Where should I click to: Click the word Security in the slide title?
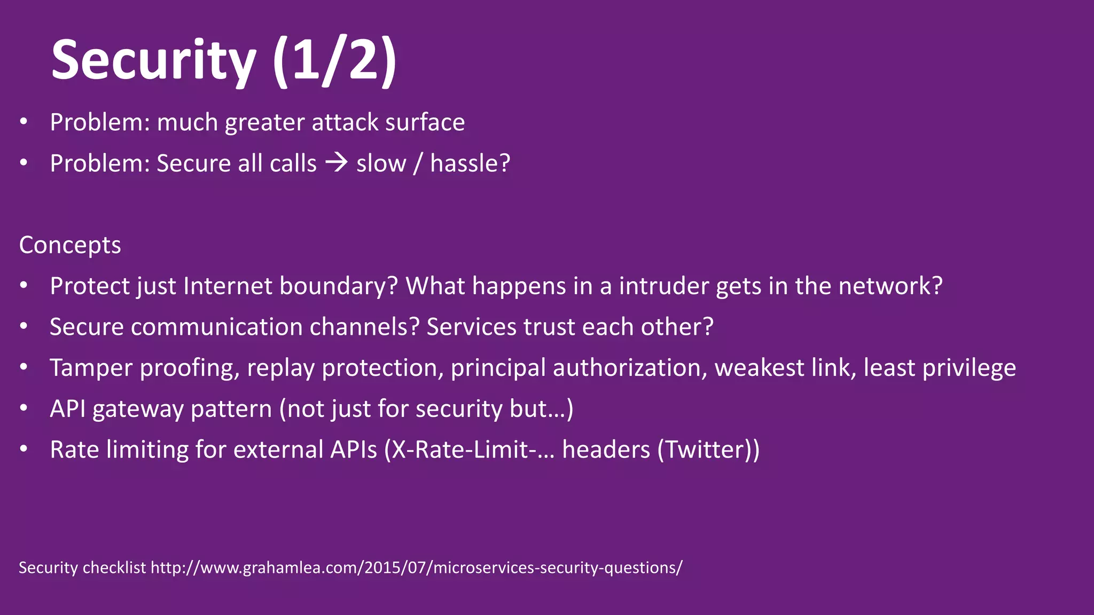pos(153,60)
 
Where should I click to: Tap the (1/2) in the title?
pos(334,60)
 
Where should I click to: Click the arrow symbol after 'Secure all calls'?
pos(337,162)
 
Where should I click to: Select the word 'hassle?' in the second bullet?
pos(470,163)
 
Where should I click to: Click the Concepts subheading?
pos(70,246)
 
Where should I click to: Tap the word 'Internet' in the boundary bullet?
pos(228,286)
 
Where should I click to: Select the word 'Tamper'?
pos(91,368)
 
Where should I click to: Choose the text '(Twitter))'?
pos(708,450)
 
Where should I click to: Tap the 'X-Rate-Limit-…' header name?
pos(473,450)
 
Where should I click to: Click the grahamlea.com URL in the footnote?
pos(416,567)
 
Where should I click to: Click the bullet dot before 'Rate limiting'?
pos(23,449)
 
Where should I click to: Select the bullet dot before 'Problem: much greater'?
pos(23,122)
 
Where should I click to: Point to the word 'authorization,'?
pos(630,368)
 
